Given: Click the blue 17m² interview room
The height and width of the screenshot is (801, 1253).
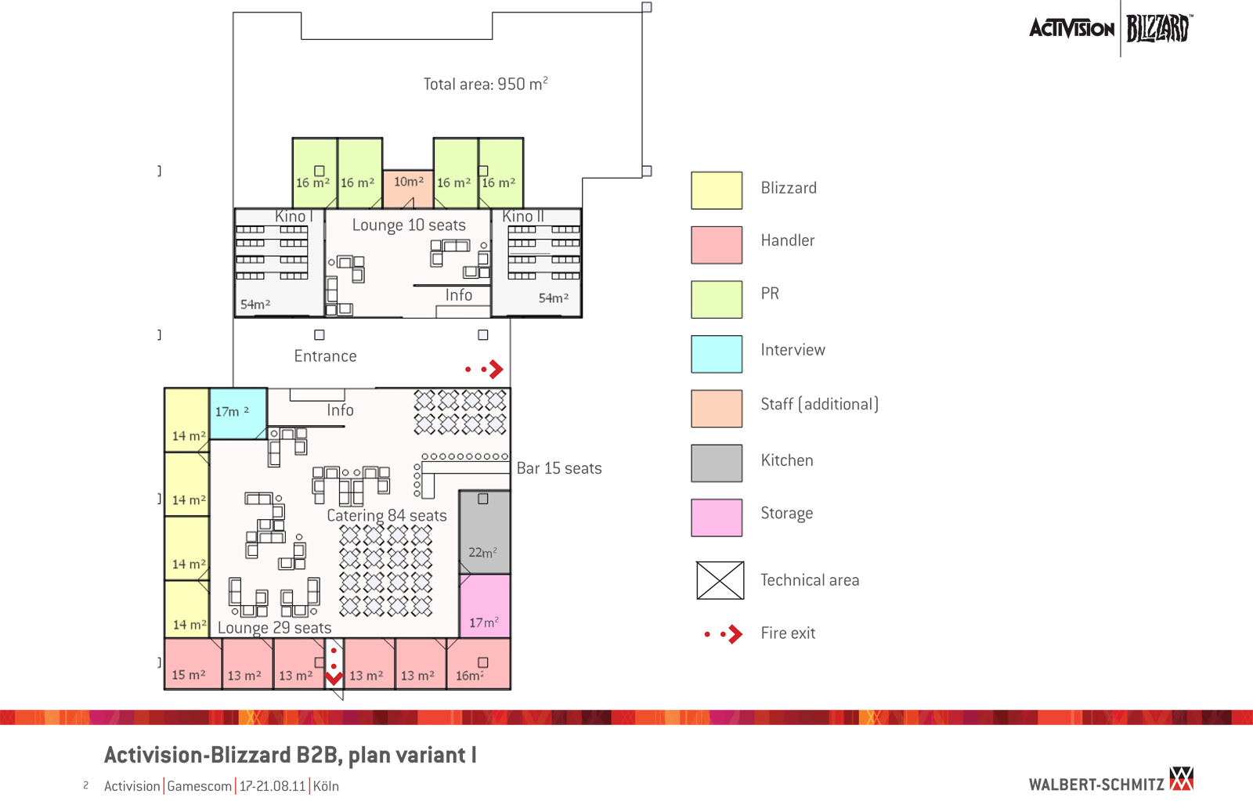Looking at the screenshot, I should (x=238, y=413).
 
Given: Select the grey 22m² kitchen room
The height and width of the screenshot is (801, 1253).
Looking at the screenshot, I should (x=484, y=532).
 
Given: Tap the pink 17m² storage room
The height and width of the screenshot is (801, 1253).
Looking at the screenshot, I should (x=484, y=606).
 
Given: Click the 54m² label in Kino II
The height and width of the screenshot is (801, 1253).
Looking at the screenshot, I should (x=553, y=298).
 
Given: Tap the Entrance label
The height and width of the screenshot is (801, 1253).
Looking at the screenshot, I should (x=325, y=356).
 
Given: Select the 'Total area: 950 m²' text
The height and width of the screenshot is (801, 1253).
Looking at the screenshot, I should (x=486, y=84).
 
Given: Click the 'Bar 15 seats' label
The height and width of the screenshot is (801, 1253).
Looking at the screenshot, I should (x=559, y=468).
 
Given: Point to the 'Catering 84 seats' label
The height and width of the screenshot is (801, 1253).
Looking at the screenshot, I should (x=387, y=515).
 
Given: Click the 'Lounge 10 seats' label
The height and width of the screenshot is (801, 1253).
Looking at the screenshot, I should (x=409, y=226).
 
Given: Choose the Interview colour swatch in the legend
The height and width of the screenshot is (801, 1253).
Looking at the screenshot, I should (x=717, y=354).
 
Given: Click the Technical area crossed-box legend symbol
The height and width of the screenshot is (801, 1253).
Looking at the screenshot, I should (x=720, y=580).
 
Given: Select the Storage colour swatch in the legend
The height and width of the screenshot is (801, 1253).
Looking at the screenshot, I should (x=717, y=518).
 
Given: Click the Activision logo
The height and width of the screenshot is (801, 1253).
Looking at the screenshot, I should (x=1071, y=29).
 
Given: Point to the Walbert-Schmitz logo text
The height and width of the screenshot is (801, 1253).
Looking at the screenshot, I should (x=1096, y=785).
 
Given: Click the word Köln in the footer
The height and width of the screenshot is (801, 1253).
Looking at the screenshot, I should (x=326, y=786).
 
